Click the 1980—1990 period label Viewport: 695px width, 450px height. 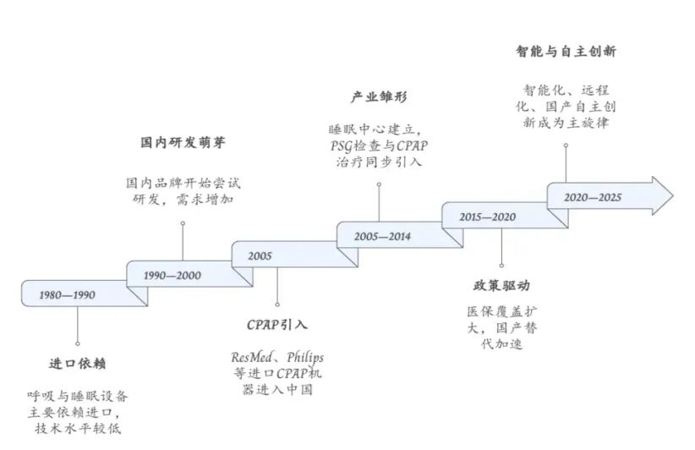[x=67, y=295]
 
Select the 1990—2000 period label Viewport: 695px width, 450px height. [x=172, y=276]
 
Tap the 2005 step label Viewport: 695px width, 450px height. [x=260, y=255]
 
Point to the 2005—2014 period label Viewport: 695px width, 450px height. [x=382, y=236]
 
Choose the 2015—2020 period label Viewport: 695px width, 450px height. [x=487, y=217]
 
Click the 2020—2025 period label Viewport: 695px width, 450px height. [x=593, y=197]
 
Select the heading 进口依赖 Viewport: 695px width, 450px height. [x=77, y=365]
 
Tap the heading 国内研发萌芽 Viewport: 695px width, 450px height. [x=183, y=142]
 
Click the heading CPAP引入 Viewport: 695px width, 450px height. [x=277, y=325]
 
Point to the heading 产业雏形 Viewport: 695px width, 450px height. [x=378, y=97]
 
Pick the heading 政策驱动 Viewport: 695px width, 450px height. [x=501, y=286]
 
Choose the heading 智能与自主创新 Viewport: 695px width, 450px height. [x=566, y=52]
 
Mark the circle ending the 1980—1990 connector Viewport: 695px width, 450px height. [x=77, y=344]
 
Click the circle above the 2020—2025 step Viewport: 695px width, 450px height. [x=565, y=145]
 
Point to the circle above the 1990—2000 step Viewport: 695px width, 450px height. [x=183, y=223]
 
